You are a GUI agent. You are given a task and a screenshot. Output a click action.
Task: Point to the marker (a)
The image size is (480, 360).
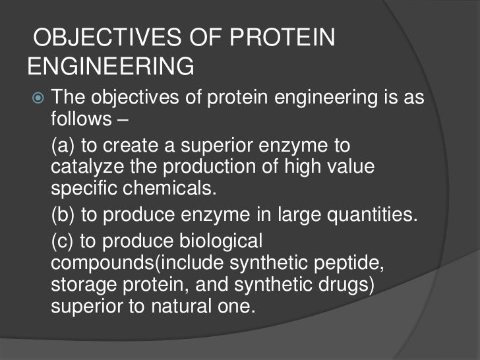click(x=63, y=146)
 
